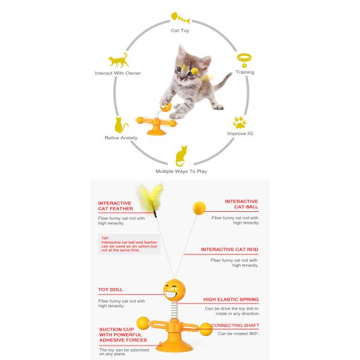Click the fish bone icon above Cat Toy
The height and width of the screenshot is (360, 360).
point(181,18)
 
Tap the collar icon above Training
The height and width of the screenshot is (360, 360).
point(244,59)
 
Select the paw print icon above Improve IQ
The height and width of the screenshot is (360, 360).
point(239,122)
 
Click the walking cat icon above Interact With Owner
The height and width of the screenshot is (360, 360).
point(118,60)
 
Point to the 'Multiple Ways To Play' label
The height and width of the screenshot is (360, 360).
point(181,171)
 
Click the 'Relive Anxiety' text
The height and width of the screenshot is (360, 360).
point(121,138)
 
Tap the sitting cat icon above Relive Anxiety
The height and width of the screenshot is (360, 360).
point(121,125)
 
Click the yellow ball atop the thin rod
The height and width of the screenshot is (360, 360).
point(199,208)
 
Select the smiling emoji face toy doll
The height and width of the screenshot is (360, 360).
point(174,290)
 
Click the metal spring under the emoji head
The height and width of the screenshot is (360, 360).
point(175,310)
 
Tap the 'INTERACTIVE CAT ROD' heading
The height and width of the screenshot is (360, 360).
point(230,250)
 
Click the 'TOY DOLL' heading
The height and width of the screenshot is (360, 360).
point(110,290)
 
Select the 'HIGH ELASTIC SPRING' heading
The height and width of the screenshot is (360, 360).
point(231,299)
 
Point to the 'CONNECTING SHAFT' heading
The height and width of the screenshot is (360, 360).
point(235,325)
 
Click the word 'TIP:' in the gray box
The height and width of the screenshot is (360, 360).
point(105,238)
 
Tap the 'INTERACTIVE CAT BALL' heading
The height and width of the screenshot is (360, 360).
point(242,204)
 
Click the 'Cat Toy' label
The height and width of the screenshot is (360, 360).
point(180,31)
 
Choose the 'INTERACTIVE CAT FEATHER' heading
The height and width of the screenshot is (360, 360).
point(115,206)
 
